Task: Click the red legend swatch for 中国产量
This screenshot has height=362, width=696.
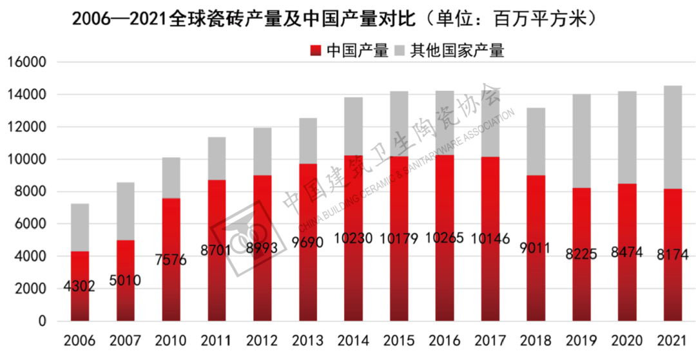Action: tap(316, 50)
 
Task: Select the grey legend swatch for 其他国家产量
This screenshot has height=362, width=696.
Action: tap(400, 50)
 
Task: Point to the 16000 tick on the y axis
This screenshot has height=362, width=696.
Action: tap(27, 62)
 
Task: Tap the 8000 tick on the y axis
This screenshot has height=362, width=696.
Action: tap(30, 191)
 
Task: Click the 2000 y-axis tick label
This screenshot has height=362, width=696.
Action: tap(30, 289)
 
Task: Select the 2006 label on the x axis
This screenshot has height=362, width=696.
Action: tap(79, 340)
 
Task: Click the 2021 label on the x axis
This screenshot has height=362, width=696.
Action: tap(672, 340)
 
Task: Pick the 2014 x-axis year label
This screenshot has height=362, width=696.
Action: tap(353, 340)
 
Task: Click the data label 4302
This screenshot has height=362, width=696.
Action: tap(79, 286)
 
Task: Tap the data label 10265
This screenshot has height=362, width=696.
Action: tap(444, 238)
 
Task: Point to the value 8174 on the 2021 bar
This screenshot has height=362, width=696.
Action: tap(672, 254)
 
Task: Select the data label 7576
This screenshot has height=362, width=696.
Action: tap(171, 260)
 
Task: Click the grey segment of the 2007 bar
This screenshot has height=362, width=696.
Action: tap(125, 211)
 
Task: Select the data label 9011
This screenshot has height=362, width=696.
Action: tap(535, 247)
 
